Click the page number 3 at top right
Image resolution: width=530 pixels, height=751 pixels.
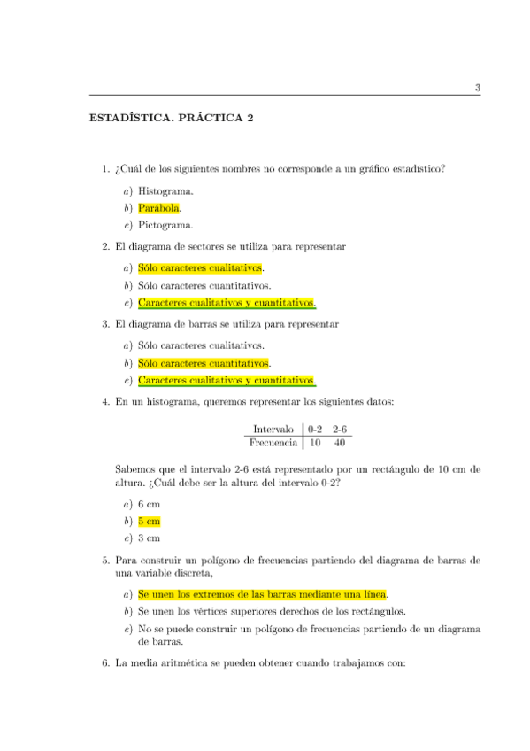[477, 87]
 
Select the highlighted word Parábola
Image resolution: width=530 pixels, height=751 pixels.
[159, 208]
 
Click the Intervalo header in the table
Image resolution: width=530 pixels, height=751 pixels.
[273, 429]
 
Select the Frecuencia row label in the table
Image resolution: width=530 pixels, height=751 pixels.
[273, 441]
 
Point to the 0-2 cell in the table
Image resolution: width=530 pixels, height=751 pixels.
[315, 429]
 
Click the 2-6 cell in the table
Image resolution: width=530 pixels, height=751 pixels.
[339, 429]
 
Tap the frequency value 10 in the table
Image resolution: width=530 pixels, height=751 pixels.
[315, 441]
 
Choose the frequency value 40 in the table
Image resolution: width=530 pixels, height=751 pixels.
[339, 441]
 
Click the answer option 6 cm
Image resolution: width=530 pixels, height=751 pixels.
[149, 503]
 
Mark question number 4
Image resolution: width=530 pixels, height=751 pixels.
[105, 402]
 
